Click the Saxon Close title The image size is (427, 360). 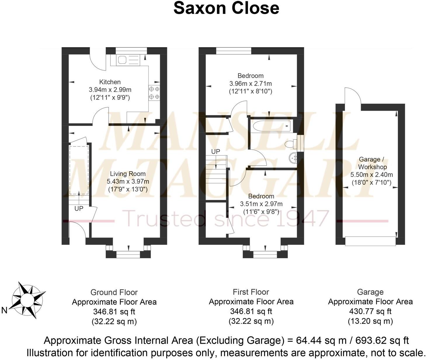pos(226,8)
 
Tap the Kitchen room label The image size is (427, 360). pos(110,82)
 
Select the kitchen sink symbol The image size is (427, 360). pos(122,60)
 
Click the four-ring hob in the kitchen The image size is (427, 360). pos(154,93)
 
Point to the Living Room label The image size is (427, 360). pos(128,174)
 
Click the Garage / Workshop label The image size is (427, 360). pos(372,163)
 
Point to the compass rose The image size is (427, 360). pos(28,300)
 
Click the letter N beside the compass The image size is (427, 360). pos(4,311)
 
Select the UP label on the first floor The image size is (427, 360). pos(216,151)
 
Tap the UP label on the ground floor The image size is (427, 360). pos(79,209)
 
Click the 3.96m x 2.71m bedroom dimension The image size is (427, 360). pos(251,84)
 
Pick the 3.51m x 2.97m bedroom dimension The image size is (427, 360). pos(261,204)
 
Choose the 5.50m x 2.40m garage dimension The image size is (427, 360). pos(372,175)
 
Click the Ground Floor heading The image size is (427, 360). pos(114,292)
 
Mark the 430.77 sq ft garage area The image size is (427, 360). pos(370,311)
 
